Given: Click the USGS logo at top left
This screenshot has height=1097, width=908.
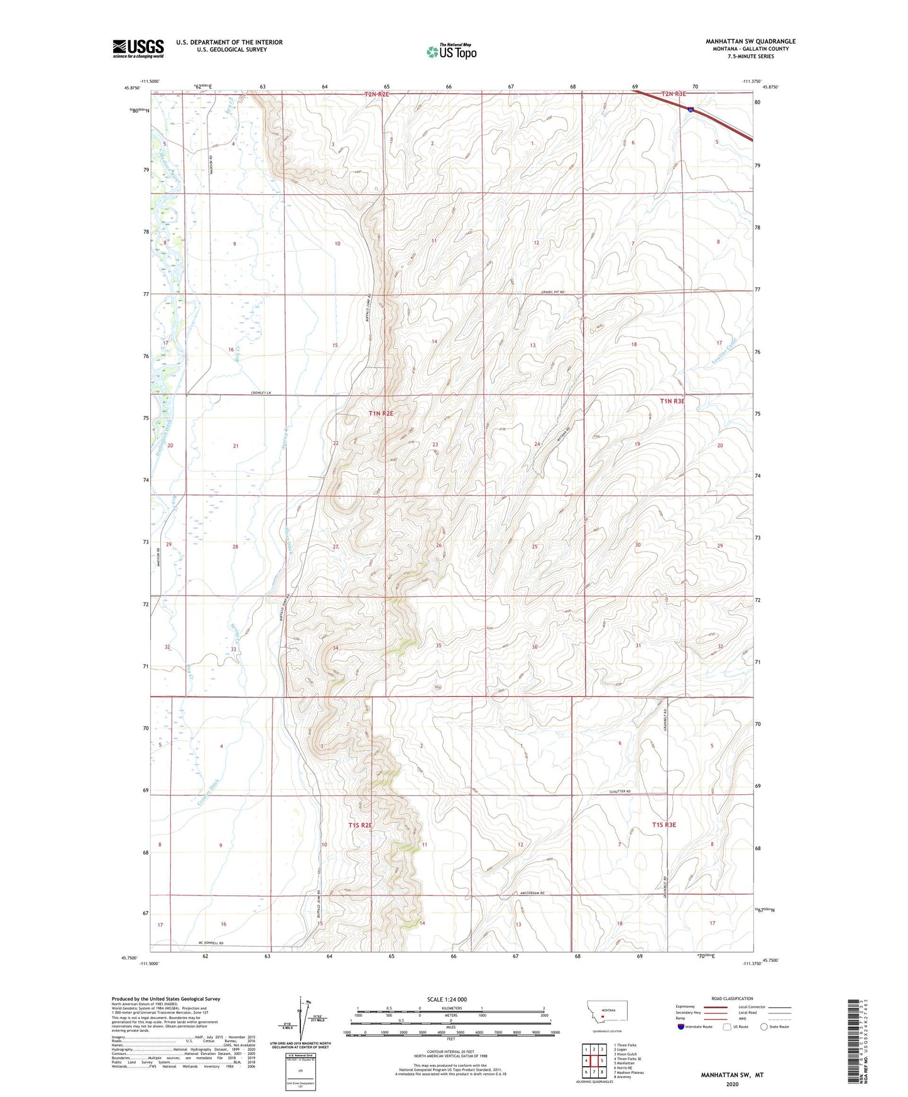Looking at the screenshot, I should click(138, 48).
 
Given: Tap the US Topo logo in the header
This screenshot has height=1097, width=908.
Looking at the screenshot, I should click(451, 52).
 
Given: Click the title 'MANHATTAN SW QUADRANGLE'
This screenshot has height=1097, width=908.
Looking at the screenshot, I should click(750, 41).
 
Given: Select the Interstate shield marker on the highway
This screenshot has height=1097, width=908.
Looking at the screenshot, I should click(691, 109).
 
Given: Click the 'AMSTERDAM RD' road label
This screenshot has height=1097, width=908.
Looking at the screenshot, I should click(536, 892).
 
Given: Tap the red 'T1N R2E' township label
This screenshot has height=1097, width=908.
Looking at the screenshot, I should click(381, 413).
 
